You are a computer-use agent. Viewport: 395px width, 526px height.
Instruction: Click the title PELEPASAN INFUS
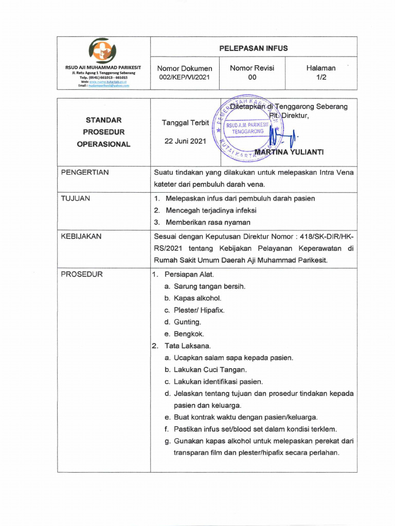tap(253, 48)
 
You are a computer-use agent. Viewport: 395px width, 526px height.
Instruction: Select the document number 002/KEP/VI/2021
tap(185, 77)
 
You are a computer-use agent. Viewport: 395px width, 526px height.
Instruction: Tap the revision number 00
tap(252, 77)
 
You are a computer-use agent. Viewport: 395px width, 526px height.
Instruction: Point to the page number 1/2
tap(321, 77)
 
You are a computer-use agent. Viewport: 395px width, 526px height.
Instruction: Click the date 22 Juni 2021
tap(185, 141)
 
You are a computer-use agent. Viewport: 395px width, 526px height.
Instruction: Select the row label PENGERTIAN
tap(85, 173)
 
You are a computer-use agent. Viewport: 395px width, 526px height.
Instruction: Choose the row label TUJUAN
tap(76, 198)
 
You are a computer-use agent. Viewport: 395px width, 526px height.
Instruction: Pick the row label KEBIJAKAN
tap(81, 236)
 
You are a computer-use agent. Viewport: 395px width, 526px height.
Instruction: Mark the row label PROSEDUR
tap(82, 274)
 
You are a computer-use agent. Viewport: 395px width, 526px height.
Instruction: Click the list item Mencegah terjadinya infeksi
tap(211, 210)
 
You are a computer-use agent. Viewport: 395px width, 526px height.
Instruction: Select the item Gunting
tap(187, 322)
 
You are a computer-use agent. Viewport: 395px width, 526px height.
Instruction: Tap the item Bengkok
tap(189, 334)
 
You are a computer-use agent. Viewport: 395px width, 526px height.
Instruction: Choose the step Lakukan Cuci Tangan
tap(210, 369)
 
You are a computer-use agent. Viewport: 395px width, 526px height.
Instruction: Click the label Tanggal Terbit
tap(185, 123)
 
